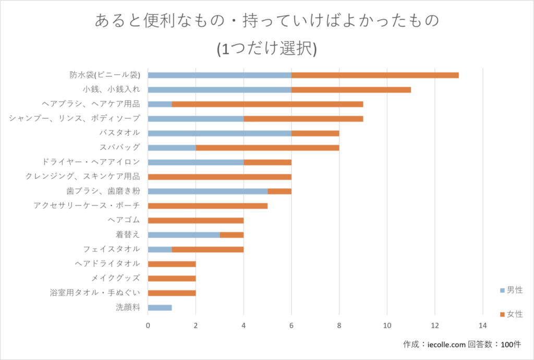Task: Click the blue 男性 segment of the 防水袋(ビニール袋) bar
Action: (220, 75)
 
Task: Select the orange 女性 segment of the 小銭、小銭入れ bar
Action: (351, 90)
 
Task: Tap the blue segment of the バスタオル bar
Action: (220, 133)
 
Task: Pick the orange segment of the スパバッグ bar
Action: (267, 148)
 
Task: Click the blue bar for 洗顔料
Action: (160, 307)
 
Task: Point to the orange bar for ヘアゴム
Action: (196, 220)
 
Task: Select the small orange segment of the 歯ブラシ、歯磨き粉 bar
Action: (279, 191)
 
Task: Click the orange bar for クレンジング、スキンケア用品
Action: (220, 177)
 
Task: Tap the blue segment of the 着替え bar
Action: (184, 235)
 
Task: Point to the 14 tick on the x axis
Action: (482, 326)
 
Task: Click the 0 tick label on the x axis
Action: (148, 326)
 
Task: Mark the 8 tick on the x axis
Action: (339, 326)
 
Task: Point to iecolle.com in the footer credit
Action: (446, 345)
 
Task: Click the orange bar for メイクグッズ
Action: (172, 278)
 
